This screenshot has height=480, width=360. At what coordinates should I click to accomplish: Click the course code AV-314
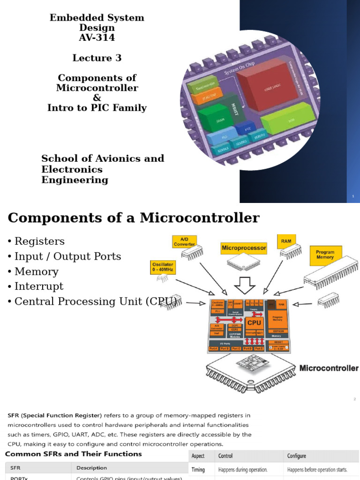97,38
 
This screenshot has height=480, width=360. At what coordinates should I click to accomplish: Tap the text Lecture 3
97,58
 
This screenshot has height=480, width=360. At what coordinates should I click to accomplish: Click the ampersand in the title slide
97,97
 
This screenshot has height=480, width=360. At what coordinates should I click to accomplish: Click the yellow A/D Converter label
184,241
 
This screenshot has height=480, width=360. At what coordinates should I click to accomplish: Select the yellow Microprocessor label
244,247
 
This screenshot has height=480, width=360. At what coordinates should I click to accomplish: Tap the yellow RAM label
286,241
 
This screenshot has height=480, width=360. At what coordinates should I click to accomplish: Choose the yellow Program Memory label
325,255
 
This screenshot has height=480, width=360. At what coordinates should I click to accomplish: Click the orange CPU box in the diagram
254,322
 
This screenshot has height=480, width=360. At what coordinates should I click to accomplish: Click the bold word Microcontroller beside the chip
329,368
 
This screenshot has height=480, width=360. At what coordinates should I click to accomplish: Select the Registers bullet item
39,241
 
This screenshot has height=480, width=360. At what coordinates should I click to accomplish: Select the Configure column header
297,456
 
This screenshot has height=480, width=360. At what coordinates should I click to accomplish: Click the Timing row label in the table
198,470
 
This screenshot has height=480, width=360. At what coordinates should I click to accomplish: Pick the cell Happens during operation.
241,470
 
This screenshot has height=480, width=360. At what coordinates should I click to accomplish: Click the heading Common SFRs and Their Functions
73,454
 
